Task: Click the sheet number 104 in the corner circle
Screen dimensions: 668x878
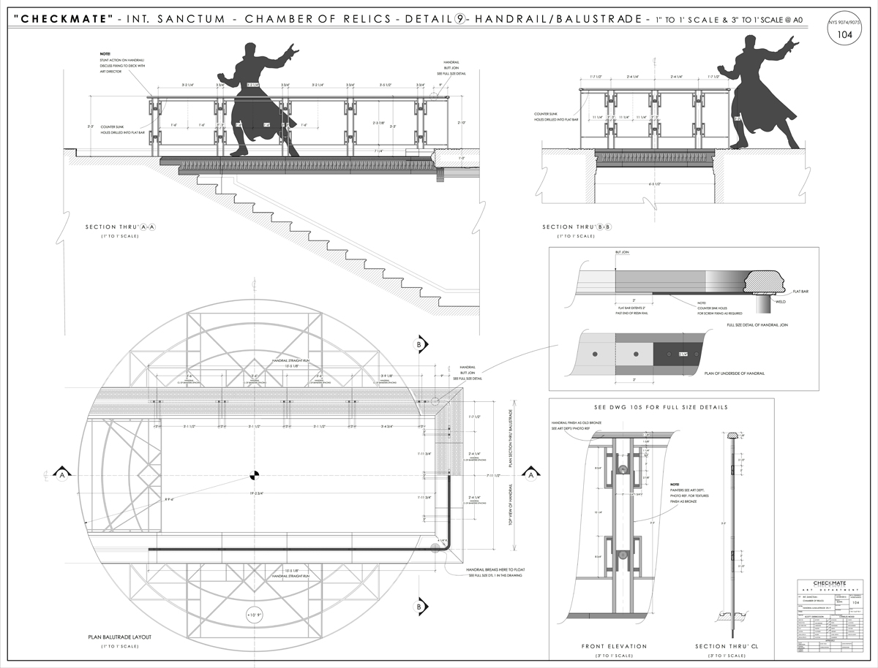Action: pyautogui.click(x=844, y=34)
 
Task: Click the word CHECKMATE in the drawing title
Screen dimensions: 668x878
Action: pyautogui.click(x=64, y=18)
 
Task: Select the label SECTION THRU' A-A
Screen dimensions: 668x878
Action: pyautogui.click(x=121, y=227)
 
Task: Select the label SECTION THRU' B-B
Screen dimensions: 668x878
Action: pyautogui.click(x=577, y=227)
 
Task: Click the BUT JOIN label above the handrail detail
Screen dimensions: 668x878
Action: pyautogui.click(x=622, y=251)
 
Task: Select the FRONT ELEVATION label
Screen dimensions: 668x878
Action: pyautogui.click(x=614, y=646)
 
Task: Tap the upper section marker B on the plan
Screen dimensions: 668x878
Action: pyautogui.click(x=420, y=343)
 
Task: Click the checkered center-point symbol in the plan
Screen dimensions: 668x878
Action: pyautogui.click(x=253, y=476)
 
